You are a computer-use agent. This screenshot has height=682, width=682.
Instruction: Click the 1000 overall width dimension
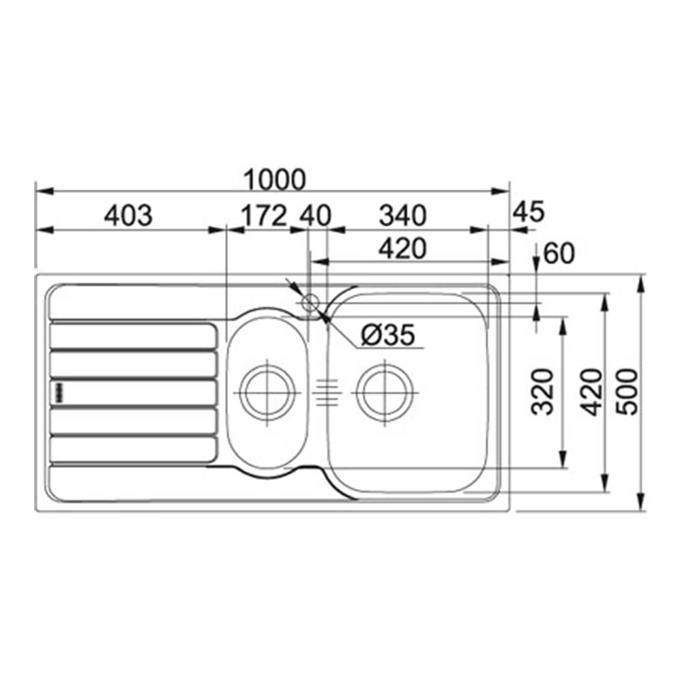(274, 179)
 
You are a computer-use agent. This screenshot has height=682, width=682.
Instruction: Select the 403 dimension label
(128, 216)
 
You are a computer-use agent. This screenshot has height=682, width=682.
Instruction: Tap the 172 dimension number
(264, 216)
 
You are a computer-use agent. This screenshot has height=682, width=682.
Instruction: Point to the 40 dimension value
(316, 216)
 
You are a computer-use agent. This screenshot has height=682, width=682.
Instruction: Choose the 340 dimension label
(403, 216)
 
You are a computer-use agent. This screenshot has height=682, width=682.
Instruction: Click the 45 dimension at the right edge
(529, 212)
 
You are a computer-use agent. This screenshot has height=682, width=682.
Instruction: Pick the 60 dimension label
(559, 253)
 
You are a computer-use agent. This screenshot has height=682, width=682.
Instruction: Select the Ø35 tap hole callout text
(388, 335)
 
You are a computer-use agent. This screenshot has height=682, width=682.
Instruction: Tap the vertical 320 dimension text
(543, 392)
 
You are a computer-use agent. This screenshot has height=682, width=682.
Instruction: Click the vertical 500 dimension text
(627, 392)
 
